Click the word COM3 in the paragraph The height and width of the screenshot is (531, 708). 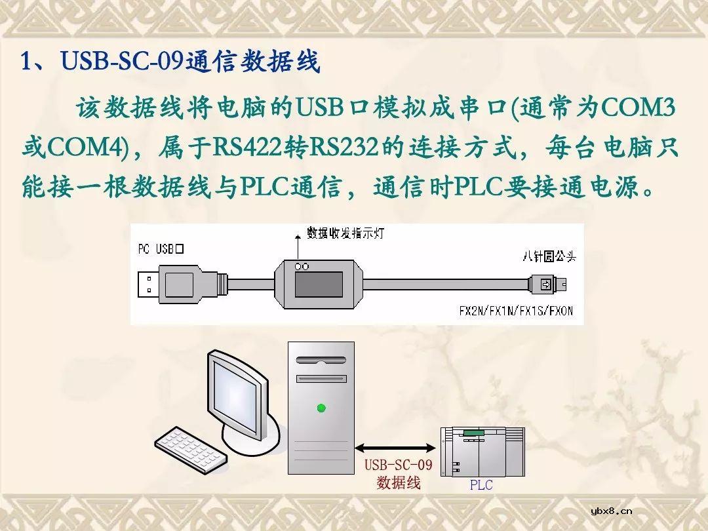click(639, 108)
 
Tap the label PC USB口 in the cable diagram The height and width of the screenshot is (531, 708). click(161, 249)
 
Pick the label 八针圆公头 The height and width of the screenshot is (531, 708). click(550, 256)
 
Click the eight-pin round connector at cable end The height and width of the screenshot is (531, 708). click(551, 284)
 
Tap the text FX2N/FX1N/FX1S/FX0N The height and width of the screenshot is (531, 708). click(515, 311)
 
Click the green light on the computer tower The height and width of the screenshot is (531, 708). click(321, 408)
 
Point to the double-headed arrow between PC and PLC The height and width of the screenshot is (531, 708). click(395, 448)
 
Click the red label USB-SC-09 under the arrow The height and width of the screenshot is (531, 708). click(399, 465)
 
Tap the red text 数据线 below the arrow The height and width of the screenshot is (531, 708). click(399, 483)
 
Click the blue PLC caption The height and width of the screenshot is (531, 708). click(481, 486)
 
